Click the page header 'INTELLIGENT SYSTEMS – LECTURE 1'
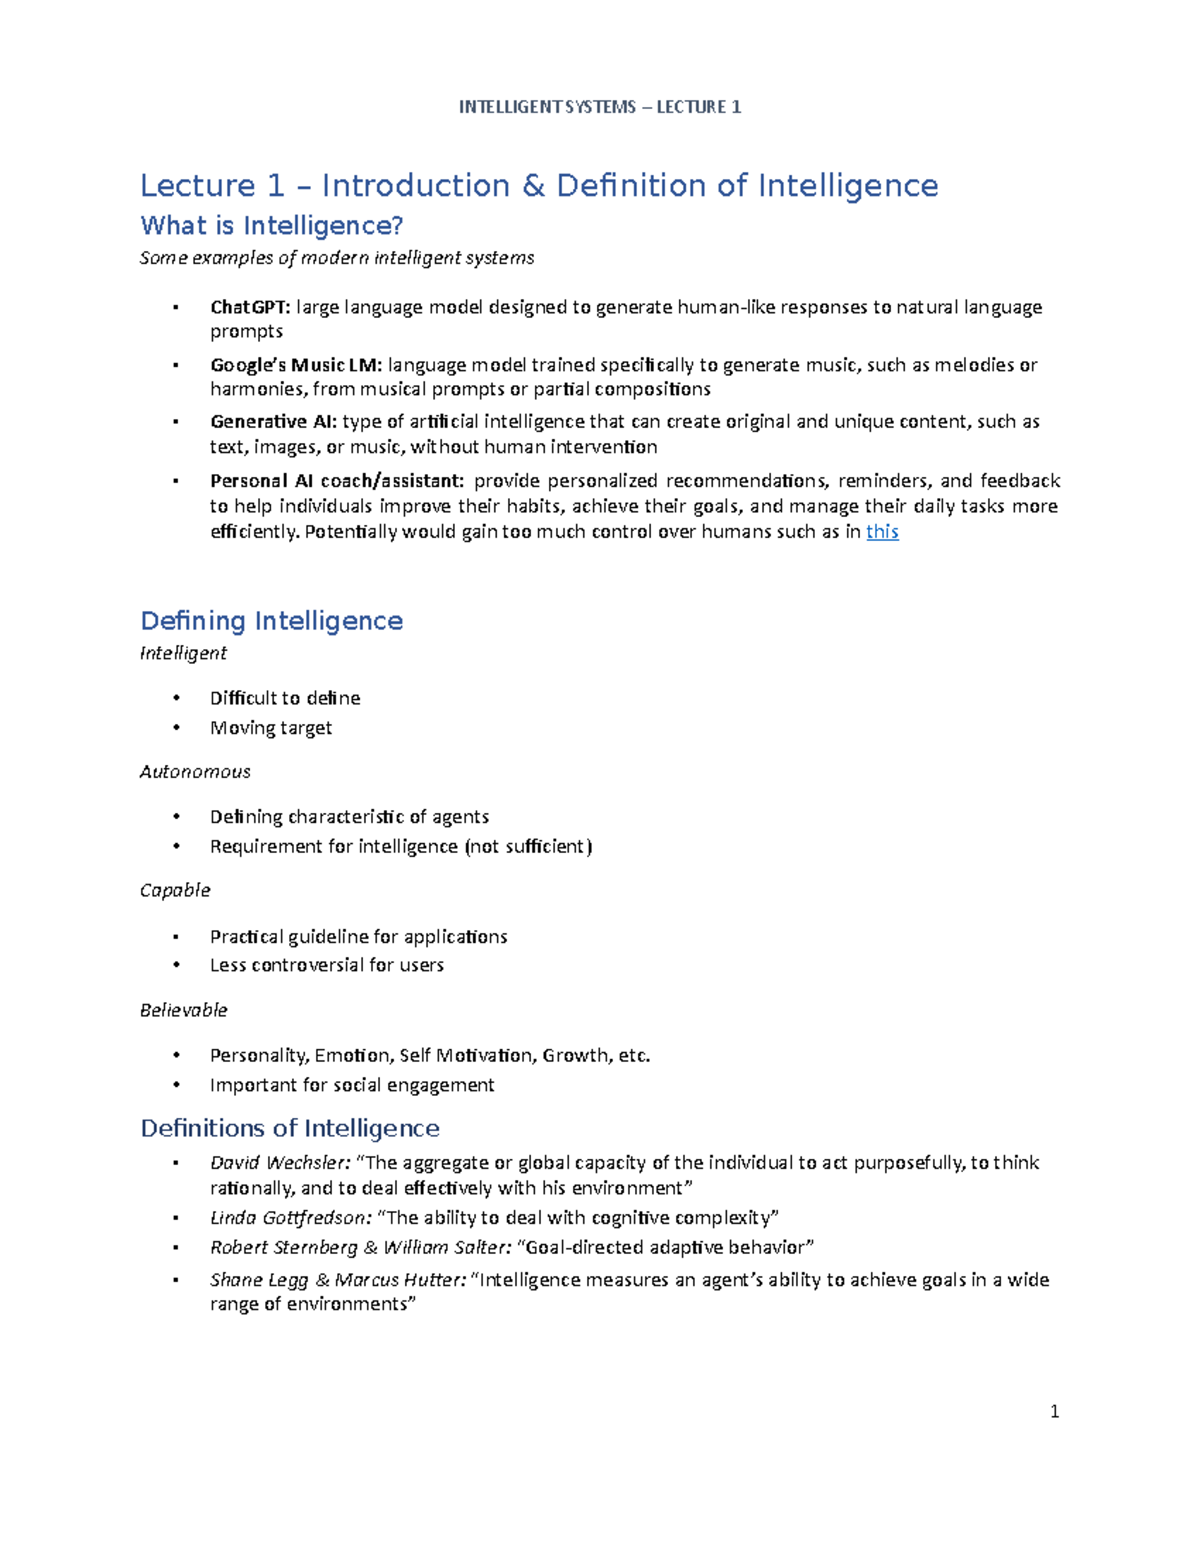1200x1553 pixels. click(x=600, y=107)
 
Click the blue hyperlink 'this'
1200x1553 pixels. click(x=881, y=532)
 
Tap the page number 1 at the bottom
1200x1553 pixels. click(x=1054, y=1412)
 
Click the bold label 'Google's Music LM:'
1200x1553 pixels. click(x=296, y=365)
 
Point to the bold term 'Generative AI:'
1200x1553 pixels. click(x=273, y=422)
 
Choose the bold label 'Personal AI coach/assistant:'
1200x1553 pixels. click(x=337, y=481)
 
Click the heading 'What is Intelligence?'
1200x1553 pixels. click(x=272, y=226)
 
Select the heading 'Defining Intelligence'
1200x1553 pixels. click(x=272, y=621)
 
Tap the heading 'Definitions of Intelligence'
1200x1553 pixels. click(x=290, y=1128)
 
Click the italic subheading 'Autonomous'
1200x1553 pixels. click(x=195, y=772)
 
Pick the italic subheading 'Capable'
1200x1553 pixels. click(x=175, y=890)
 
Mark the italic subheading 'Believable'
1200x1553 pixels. click(x=184, y=1010)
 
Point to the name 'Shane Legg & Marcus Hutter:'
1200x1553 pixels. click(x=338, y=1280)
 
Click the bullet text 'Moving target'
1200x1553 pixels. click(x=271, y=728)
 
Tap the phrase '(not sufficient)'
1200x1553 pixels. click(x=528, y=847)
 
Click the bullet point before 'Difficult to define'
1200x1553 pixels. click(x=176, y=698)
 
